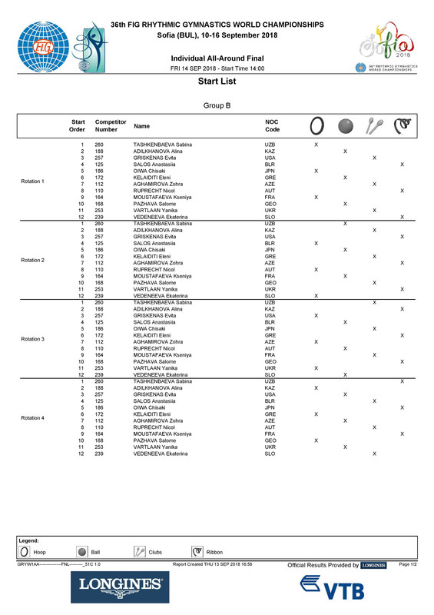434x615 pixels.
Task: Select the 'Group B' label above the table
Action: click(216, 105)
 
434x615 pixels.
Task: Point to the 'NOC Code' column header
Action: click(273, 126)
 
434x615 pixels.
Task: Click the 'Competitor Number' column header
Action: click(111, 126)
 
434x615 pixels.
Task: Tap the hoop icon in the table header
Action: click(316, 125)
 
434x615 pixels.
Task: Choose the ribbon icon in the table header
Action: click(402, 125)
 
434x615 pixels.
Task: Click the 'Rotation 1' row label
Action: click(33, 181)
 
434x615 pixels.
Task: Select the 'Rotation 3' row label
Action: click(33, 339)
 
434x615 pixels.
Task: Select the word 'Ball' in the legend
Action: click(95, 552)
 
